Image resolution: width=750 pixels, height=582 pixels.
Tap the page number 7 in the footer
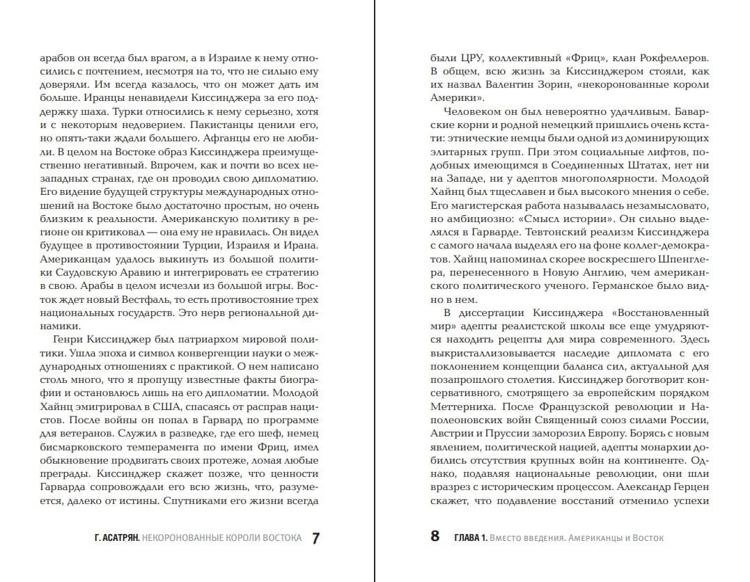click(x=315, y=538)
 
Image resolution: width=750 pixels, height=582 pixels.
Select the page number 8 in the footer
click(x=435, y=537)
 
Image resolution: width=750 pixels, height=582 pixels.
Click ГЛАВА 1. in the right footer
click(x=470, y=538)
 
